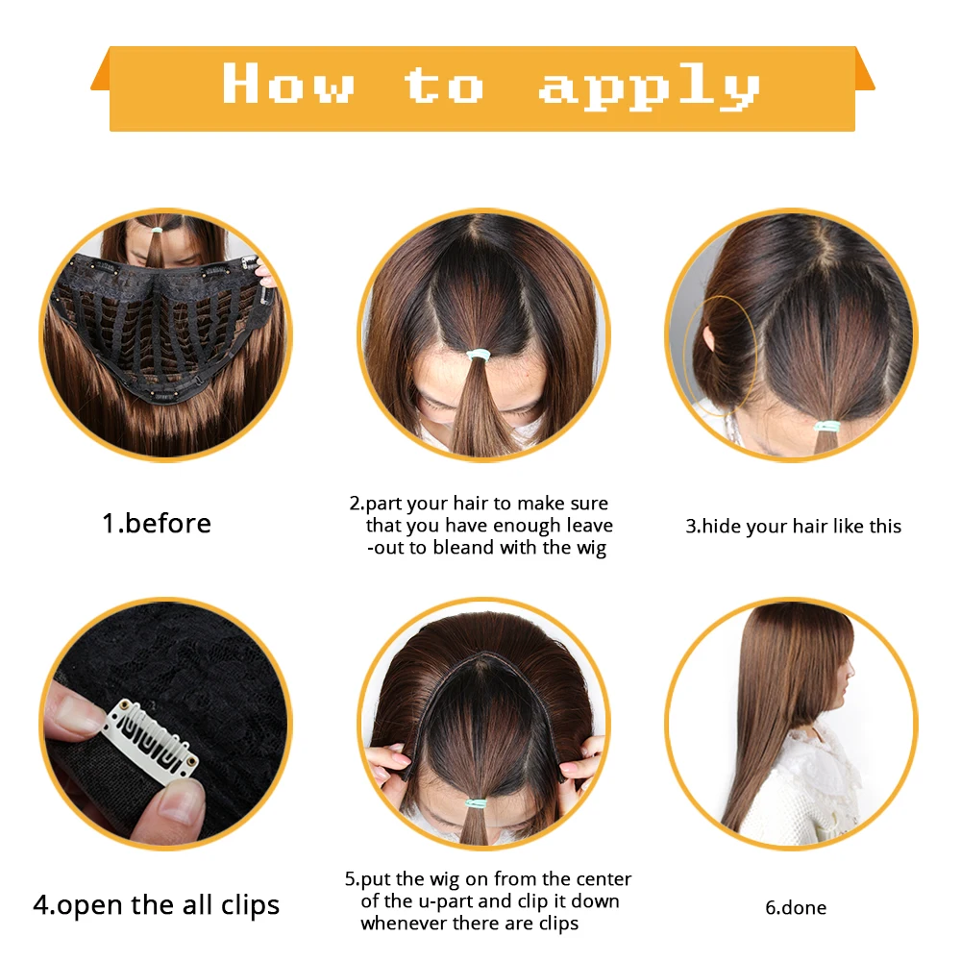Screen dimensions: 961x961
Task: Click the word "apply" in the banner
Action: pyautogui.click(x=650, y=87)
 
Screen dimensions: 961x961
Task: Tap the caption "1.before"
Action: pyautogui.click(x=157, y=524)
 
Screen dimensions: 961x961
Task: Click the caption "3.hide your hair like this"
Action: pyautogui.click(x=793, y=526)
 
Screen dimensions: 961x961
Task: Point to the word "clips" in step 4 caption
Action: pyautogui.click(x=250, y=906)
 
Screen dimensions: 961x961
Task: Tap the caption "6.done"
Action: pyautogui.click(x=796, y=907)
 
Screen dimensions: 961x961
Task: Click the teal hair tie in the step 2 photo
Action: pyautogui.click(x=478, y=356)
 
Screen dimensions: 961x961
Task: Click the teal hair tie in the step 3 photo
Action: pyautogui.click(x=826, y=426)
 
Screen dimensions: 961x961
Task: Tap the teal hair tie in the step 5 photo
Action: pyautogui.click(x=477, y=802)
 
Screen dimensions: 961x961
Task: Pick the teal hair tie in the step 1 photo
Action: pyautogui.click(x=157, y=231)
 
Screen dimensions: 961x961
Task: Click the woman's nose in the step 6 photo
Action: pyautogui.click(x=851, y=668)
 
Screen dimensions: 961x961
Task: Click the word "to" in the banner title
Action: pyautogui.click(x=444, y=85)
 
